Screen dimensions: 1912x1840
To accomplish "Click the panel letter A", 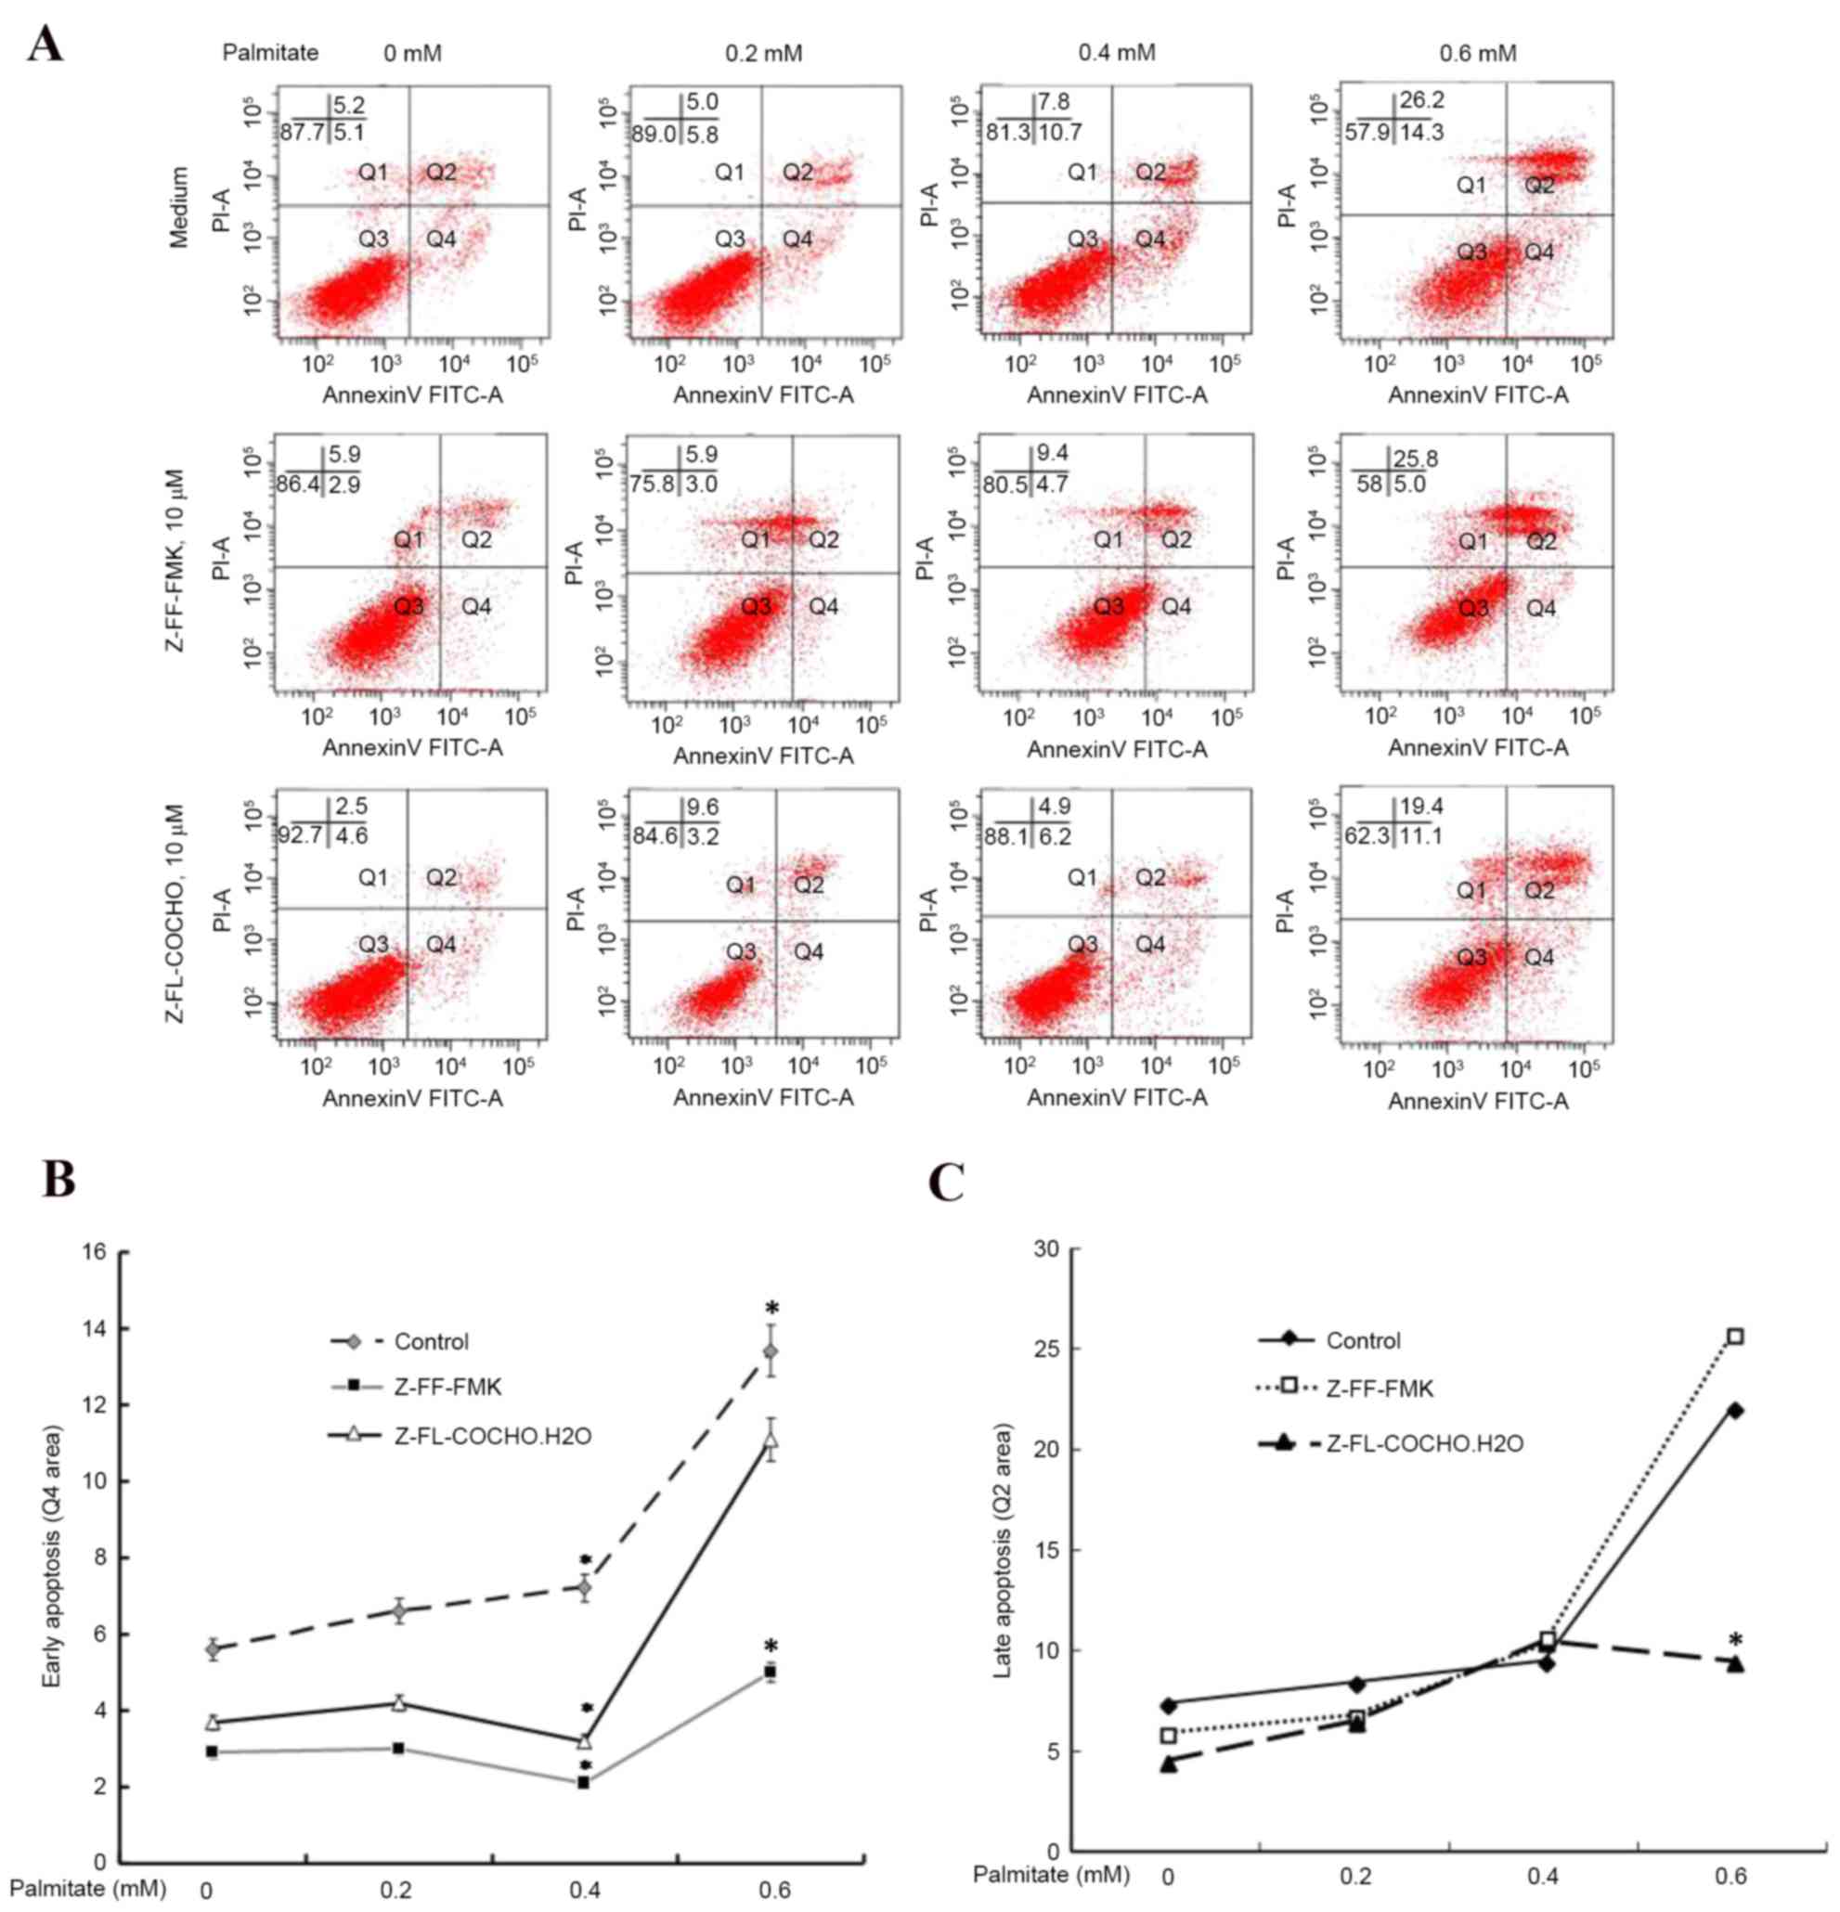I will pyautogui.click(x=45, y=45).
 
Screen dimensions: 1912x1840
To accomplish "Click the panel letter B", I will pyautogui.click(x=58, y=1180).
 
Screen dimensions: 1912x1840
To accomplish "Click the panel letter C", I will pyautogui.click(x=946, y=1182).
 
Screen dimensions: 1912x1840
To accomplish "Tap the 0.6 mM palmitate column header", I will pyautogui.click(x=1478, y=53).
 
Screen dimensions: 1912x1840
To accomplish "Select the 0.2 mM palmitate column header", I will pyautogui.click(x=763, y=53).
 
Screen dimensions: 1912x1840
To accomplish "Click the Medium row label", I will pyautogui.click(x=179, y=207).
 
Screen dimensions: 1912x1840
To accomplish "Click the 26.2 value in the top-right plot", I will pyautogui.click(x=1421, y=100).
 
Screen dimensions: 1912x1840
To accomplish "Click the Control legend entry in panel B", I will pyautogui.click(x=430, y=1341).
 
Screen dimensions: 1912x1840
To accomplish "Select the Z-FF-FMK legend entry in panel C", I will pyautogui.click(x=1380, y=1389).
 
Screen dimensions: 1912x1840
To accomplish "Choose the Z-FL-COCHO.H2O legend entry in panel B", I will pyautogui.click(x=492, y=1436).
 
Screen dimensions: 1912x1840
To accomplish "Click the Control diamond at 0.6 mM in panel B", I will pyautogui.click(x=771, y=1351).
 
